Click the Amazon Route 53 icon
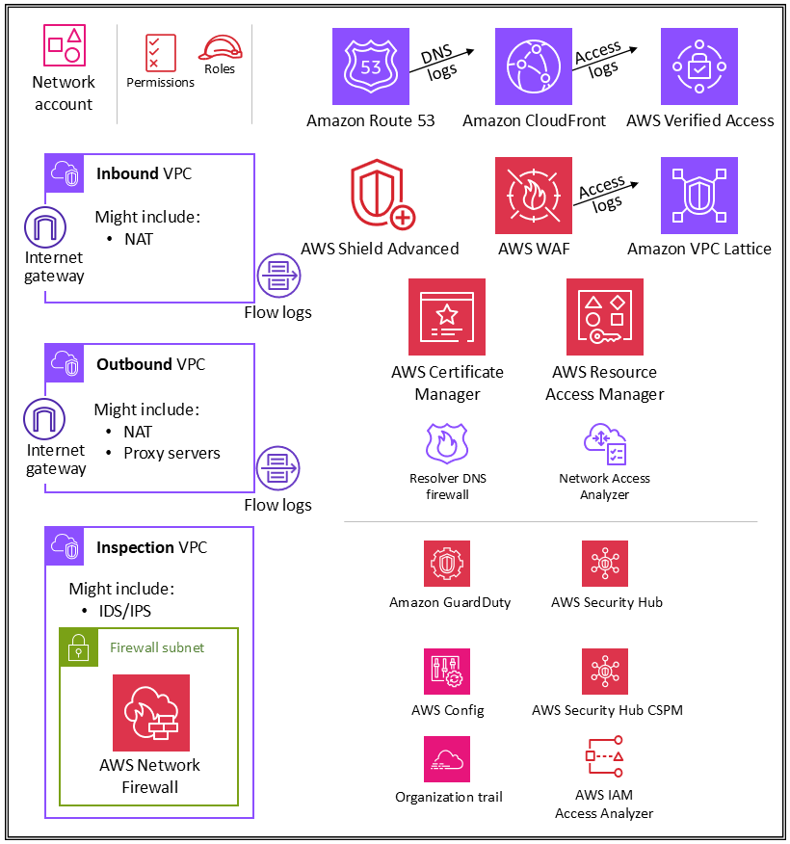coord(371,66)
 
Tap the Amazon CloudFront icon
coord(534,66)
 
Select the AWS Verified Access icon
coord(699,66)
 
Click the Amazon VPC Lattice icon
coord(699,196)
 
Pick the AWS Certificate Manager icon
coord(447,317)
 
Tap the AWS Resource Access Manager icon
coord(605,317)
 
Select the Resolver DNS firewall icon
coord(446,443)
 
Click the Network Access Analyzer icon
coord(605,443)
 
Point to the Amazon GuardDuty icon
coord(447,564)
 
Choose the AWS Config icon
coord(447,672)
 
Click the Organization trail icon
coord(447,759)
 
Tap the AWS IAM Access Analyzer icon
coord(605,759)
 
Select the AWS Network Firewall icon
coord(151,713)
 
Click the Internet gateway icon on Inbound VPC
coord(45,227)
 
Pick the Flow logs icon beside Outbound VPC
coord(278,468)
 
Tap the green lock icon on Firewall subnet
coord(79,648)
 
